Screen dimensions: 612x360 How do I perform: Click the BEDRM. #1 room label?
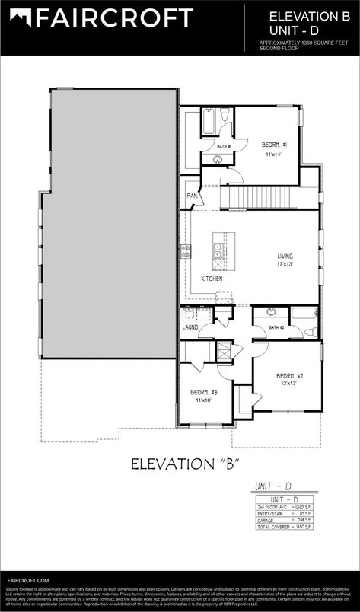point(274,145)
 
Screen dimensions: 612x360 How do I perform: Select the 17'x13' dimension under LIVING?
point(285,264)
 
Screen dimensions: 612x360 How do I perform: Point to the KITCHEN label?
point(212,279)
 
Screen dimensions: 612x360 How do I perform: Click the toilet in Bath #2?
point(309,331)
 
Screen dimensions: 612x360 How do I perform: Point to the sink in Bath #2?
point(270,313)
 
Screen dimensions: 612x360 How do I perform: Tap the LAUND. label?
point(190,327)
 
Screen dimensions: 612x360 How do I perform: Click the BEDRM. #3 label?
point(204,392)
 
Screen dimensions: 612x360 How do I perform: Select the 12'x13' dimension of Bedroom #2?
point(286,384)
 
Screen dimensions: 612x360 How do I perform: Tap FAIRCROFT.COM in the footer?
point(27,580)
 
